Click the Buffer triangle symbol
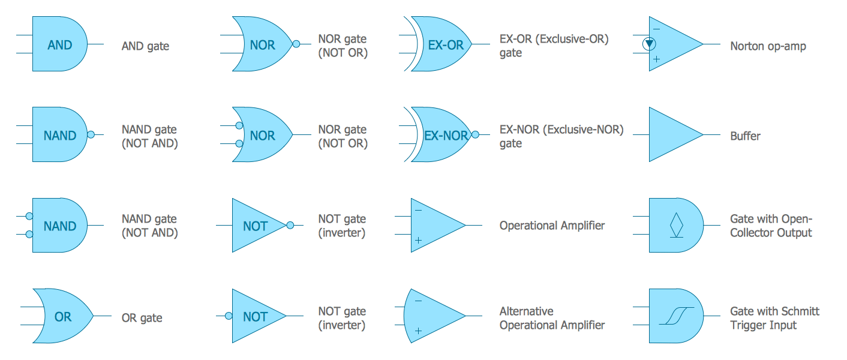pos(672,135)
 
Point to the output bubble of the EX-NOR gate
pos(475,135)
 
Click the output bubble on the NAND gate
pos(91,135)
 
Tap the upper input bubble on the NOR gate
pos(239,126)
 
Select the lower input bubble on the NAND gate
pos(29,235)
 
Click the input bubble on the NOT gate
pos(229,316)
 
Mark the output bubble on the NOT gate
pos(290,226)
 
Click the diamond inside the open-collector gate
pos(676,224)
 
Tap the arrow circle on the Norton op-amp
pos(649,44)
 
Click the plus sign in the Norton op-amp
pos(657,59)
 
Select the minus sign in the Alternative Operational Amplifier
pos(418,301)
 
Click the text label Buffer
pos(745,136)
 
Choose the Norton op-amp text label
pos(768,46)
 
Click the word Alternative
pos(526,311)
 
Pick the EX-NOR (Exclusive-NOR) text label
pos(561,130)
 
